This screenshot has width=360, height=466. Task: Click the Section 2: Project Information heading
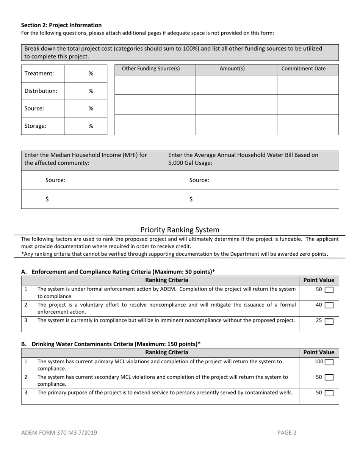61,25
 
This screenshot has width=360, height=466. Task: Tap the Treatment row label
39,73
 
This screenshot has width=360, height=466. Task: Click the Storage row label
35,126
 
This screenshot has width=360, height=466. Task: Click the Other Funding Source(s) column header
151,69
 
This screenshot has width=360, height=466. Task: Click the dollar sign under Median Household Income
47,199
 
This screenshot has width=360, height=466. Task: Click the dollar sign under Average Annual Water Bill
191,199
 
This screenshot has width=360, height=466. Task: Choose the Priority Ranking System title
180,230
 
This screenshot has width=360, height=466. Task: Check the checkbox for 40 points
329,305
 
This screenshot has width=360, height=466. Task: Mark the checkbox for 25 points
329,321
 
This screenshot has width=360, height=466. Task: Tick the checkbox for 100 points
329,362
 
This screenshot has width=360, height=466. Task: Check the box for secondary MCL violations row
329,377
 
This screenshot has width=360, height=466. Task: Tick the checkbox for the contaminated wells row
329,393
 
